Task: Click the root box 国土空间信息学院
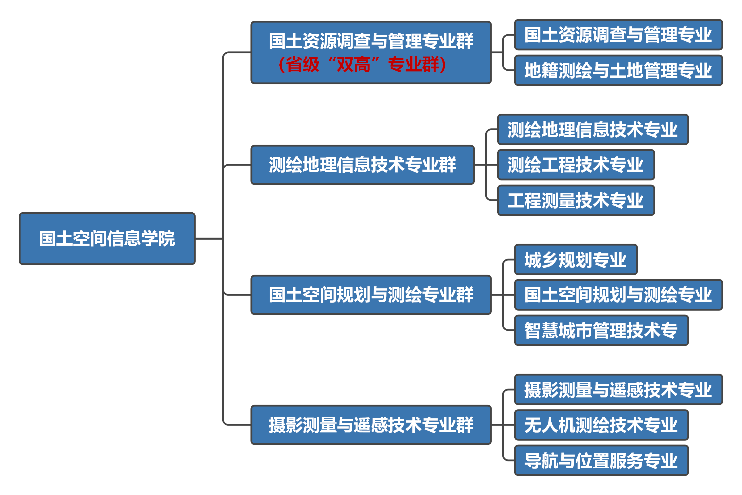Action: (107, 239)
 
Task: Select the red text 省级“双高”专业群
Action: (362, 64)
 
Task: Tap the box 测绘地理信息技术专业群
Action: (362, 165)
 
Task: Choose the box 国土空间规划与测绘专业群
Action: (371, 295)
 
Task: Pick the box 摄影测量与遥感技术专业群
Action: (371, 425)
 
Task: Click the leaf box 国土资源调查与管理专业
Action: (618, 35)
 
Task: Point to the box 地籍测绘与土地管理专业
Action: (618, 70)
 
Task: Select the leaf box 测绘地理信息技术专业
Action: (593, 129)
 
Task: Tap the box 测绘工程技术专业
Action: (575, 165)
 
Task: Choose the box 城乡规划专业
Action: (575, 259)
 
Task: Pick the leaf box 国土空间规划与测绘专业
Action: (618, 295)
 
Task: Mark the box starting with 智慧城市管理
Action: (601, 331)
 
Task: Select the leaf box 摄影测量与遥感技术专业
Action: (618, 390)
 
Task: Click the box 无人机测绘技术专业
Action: (601, 425)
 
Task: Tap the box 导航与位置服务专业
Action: (601, 461)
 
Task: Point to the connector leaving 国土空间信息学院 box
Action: (209, 239)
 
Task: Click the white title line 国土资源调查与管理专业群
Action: (371, 41)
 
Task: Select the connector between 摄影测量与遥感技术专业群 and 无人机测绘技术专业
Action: (503, 425)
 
